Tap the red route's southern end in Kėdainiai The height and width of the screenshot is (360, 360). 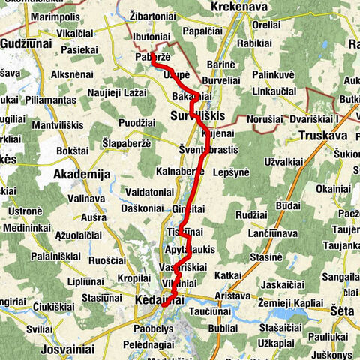tap(163, 305)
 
